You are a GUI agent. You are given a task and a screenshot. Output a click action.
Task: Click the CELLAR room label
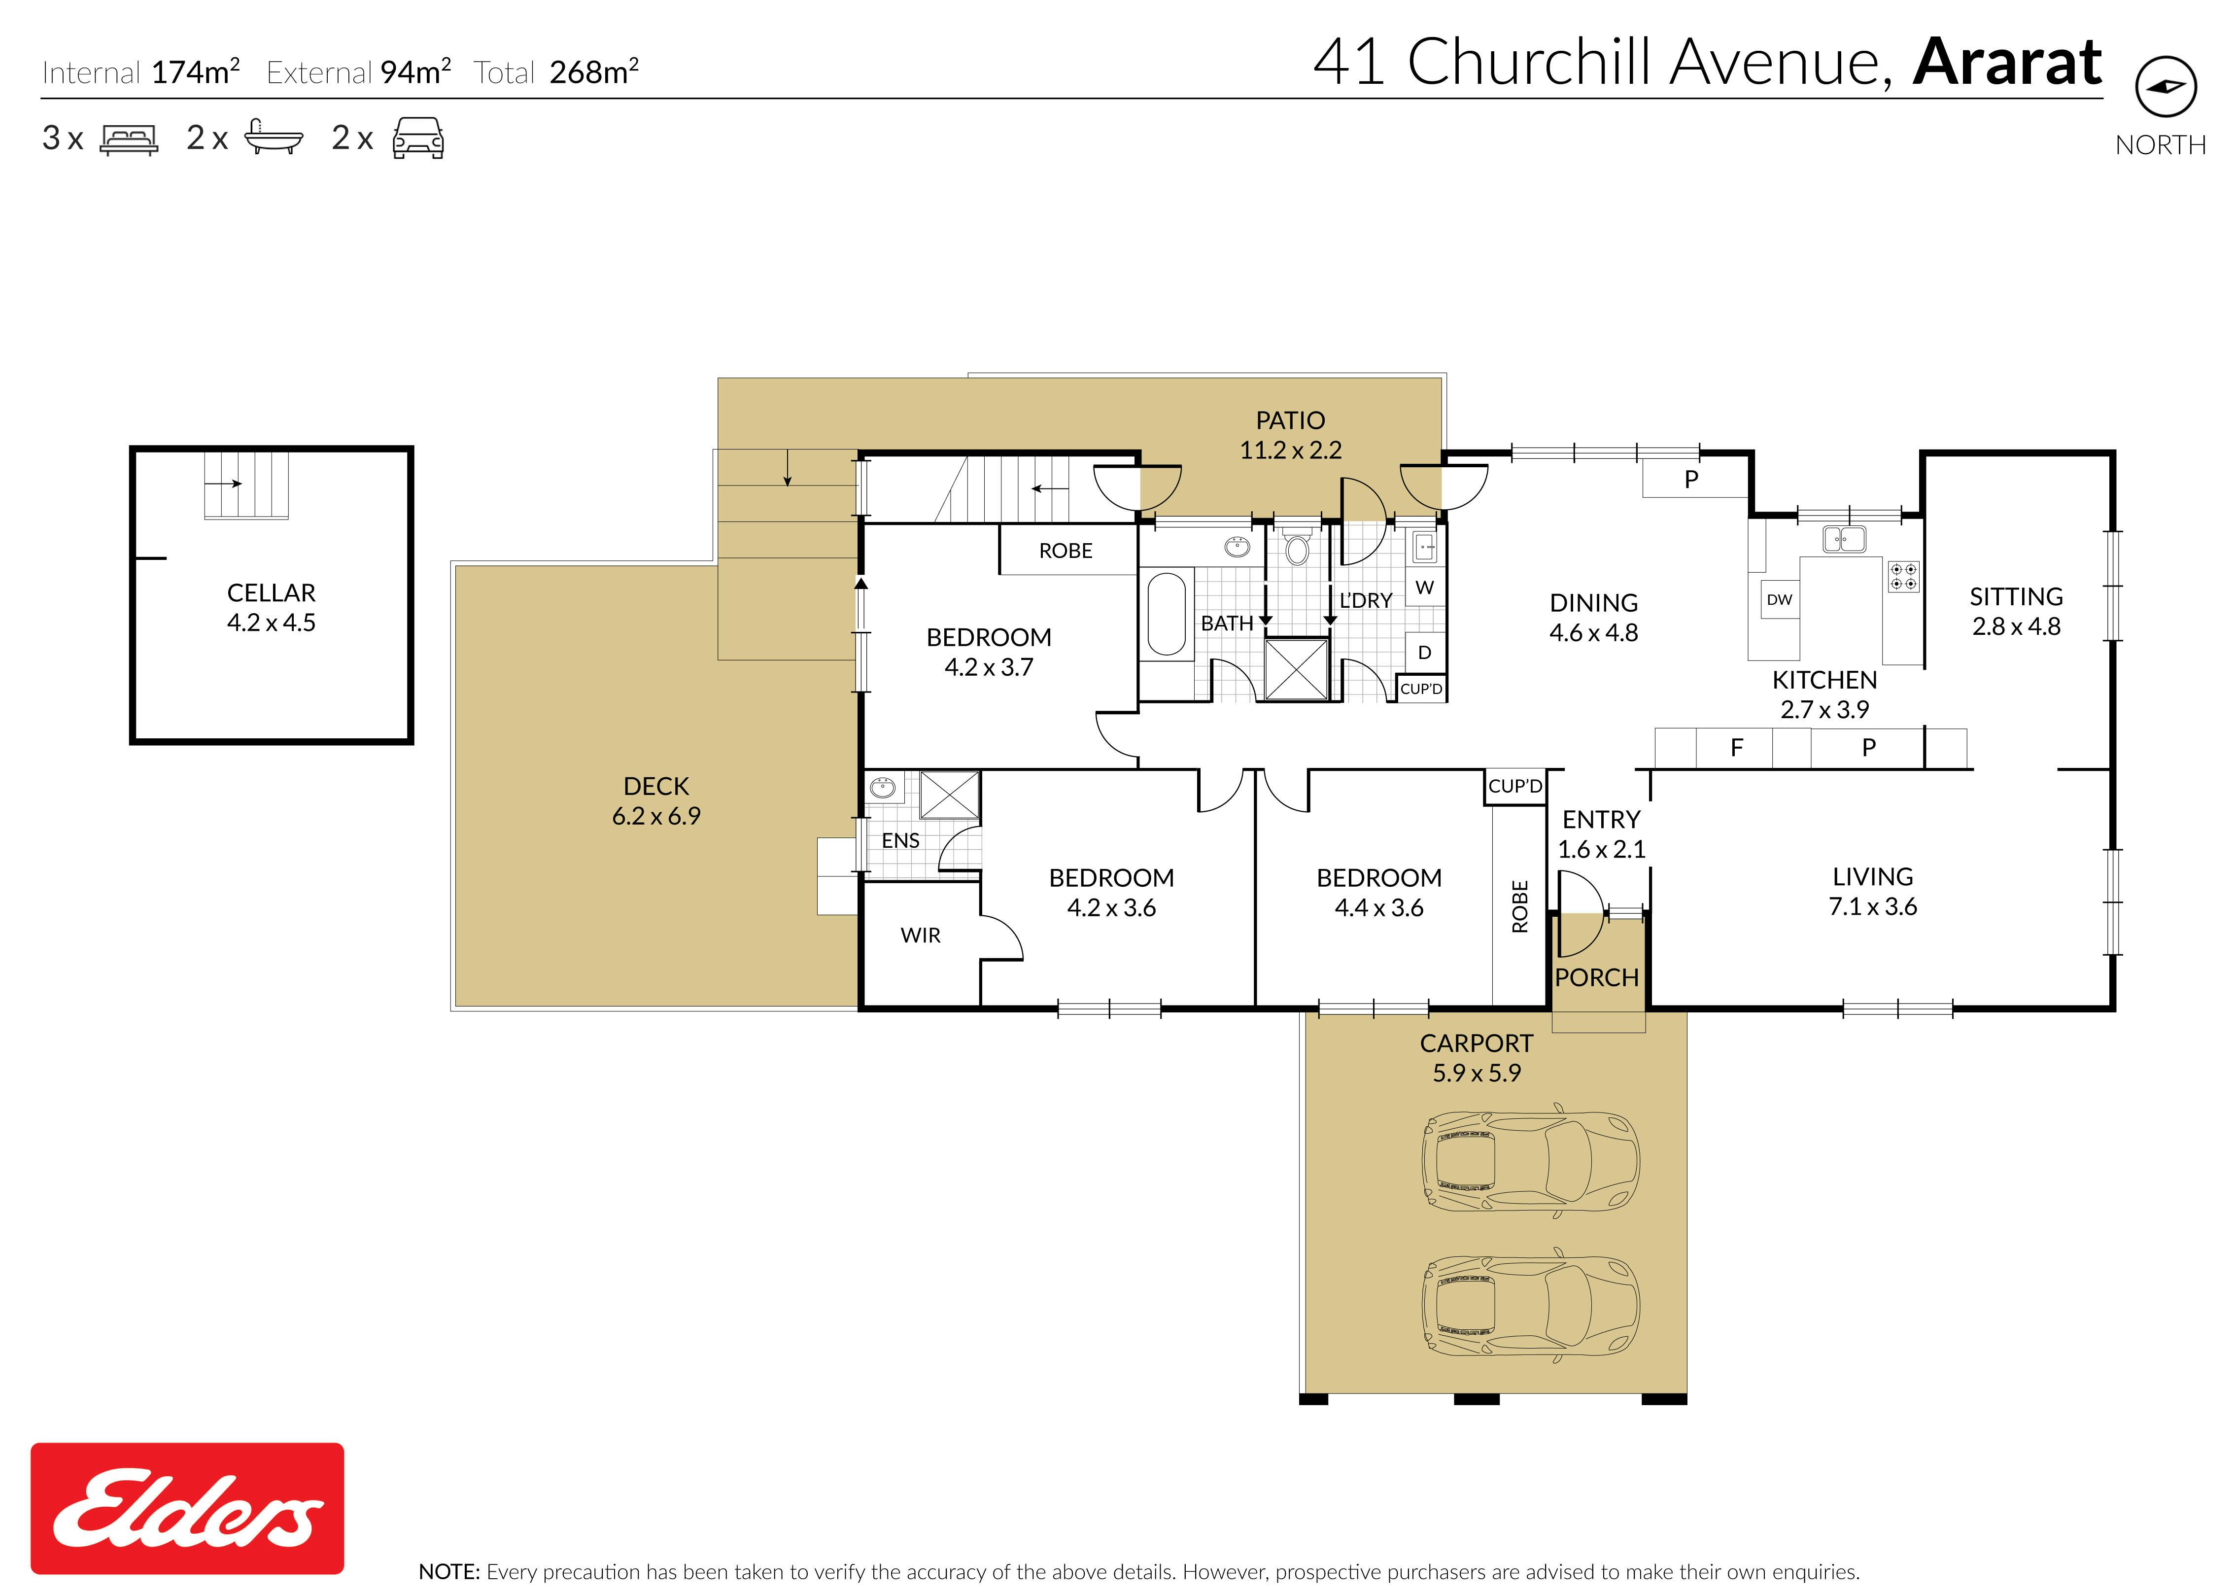click(271, 593)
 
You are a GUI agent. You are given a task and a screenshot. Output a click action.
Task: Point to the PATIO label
click(1290, 420)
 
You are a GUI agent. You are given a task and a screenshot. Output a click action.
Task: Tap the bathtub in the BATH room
click(1167, 614)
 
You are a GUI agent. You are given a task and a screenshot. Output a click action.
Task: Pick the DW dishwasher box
click(1779, 599)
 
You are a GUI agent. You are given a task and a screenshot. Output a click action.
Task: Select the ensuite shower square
click(950, 795)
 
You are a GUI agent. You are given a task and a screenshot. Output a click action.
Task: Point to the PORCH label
click(1597, 978)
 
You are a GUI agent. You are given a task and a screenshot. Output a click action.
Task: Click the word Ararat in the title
click(2007, 62)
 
